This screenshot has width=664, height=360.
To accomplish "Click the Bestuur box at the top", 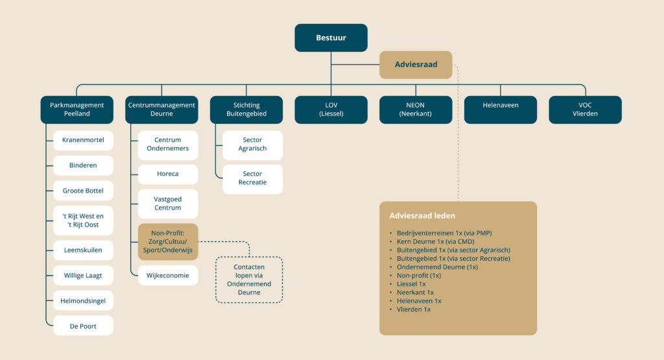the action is (331, 38).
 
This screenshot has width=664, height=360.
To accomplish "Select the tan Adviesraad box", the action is (416, 65).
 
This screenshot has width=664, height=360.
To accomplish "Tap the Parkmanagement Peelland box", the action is (77, 110).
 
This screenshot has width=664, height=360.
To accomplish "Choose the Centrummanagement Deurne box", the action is (161, 110).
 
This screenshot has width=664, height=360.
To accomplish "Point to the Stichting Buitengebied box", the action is (246, 110).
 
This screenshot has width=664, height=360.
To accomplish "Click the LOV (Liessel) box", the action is (331, 110).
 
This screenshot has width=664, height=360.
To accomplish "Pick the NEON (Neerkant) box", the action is (416, 110).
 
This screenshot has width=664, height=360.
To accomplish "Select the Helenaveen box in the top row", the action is (501, 110).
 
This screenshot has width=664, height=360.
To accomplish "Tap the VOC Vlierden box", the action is (586, 110).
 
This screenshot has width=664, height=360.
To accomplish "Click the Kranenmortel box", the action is (83, 140).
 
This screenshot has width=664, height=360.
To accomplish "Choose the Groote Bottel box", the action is (83, 191).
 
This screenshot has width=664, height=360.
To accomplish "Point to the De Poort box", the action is (83, 326).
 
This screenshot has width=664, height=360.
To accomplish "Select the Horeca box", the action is (168, 174).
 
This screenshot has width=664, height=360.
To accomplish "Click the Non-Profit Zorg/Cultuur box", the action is (168, 242).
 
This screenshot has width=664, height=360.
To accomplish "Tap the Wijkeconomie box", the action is (168, 275).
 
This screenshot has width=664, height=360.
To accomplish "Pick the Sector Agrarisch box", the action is (252, 145).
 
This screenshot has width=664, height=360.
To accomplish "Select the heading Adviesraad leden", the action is (422, 215).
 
